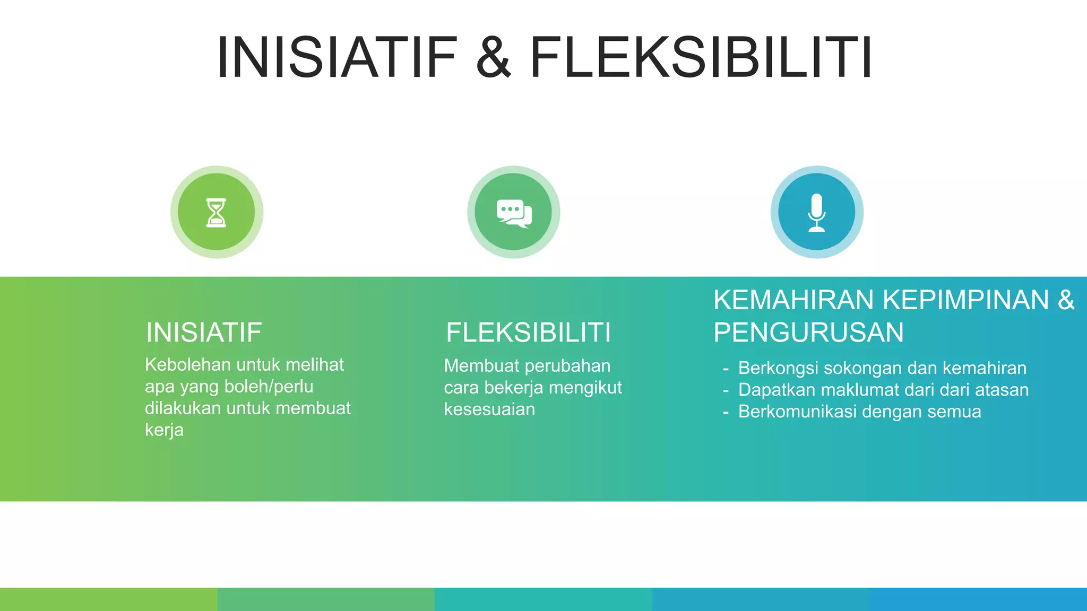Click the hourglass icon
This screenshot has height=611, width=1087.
(216, 213)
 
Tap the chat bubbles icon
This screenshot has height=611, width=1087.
(514, 213)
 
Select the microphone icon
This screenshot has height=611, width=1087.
(817, 213)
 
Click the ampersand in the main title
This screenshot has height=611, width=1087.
(494, 57)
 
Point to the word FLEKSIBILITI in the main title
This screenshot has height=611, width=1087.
(701, 57)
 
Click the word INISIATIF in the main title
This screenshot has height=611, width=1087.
(337, 57)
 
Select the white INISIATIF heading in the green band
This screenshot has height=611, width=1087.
(204, 333)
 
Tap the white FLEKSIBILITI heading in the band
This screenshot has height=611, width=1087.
(528, 333)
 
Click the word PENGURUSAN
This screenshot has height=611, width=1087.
(808, 333)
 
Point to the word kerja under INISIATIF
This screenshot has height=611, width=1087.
(164, 430)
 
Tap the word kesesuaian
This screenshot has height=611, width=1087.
(489, 409)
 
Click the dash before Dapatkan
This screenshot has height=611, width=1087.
(726, 390)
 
